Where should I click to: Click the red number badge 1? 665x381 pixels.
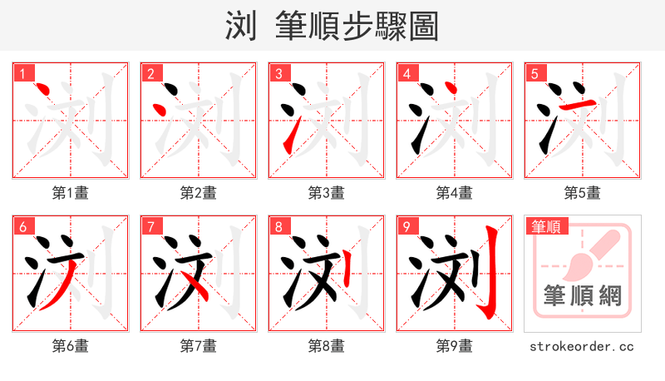click(x=22, y=73)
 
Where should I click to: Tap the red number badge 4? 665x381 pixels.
click(x=406, y=73)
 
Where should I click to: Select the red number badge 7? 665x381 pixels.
click(x=150, y=226)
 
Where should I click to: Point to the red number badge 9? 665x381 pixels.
click(x=406, y=226)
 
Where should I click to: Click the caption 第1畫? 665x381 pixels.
click(x=70, y=193)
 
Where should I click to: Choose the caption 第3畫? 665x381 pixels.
click(x=326, y=193)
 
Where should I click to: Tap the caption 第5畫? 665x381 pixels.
click(x=582, y=193)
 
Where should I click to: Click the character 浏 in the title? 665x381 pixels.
click(x=241, y=27)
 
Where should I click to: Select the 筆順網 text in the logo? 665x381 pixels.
click(x=582, y=296)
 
